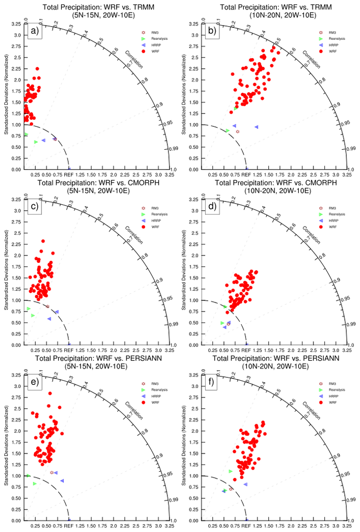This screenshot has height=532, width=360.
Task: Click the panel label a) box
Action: coord(35,31)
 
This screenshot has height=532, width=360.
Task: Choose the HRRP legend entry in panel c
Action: coord(152,220)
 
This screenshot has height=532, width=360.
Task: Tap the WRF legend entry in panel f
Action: coord(330,402)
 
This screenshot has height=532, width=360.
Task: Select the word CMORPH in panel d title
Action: coord(316,182)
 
